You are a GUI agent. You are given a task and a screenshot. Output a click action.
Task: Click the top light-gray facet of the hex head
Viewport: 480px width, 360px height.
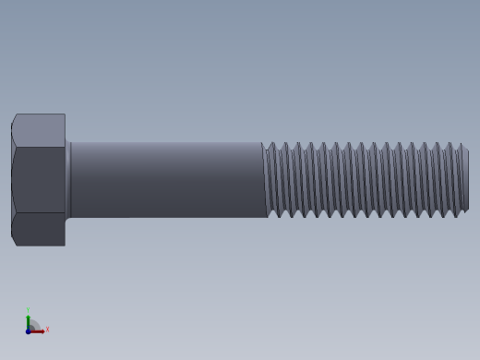[39, 128]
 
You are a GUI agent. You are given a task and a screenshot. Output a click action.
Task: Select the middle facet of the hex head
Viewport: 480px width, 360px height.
[39, 179]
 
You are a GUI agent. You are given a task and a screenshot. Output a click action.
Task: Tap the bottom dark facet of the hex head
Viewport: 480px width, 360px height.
[39, 229]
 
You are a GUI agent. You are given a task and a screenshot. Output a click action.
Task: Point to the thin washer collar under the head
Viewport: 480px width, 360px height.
[68, 179]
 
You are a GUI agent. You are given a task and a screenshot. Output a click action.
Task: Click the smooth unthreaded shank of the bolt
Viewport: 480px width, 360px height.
[166, 179]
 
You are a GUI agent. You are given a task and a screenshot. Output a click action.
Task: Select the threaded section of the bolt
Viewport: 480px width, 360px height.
[365, 179]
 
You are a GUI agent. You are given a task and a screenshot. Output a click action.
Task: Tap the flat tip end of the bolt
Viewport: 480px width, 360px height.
[466, 179]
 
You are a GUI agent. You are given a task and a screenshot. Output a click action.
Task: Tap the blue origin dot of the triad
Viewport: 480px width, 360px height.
[28, 330]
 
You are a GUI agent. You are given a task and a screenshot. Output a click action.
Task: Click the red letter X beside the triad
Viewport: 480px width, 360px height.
[47, 330]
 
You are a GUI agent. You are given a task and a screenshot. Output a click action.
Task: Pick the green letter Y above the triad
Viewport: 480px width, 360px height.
[28, 311]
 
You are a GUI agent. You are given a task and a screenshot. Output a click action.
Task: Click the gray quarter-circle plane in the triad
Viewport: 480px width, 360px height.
[33, 325]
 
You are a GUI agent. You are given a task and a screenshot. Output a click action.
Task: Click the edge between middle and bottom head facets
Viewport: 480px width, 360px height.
[39, 213]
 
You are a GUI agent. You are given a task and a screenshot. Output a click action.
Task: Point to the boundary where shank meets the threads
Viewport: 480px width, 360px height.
[264, 179]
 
